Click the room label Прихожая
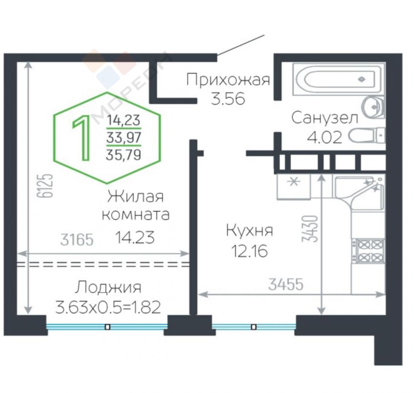(x=228, y=80)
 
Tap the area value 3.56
(x=228, y=99)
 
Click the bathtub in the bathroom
(x=339, y=79)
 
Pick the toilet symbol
(x=367, y=135)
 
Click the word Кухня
(x=249, y=230)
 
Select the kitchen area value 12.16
(x=249, y=251)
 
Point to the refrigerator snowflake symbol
(x=294, y=182)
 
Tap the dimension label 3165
(x=77, y=239)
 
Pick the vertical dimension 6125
(x=45, y=185)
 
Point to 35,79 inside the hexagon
(x=124, y=155)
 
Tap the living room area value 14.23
(x=135, y=237)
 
